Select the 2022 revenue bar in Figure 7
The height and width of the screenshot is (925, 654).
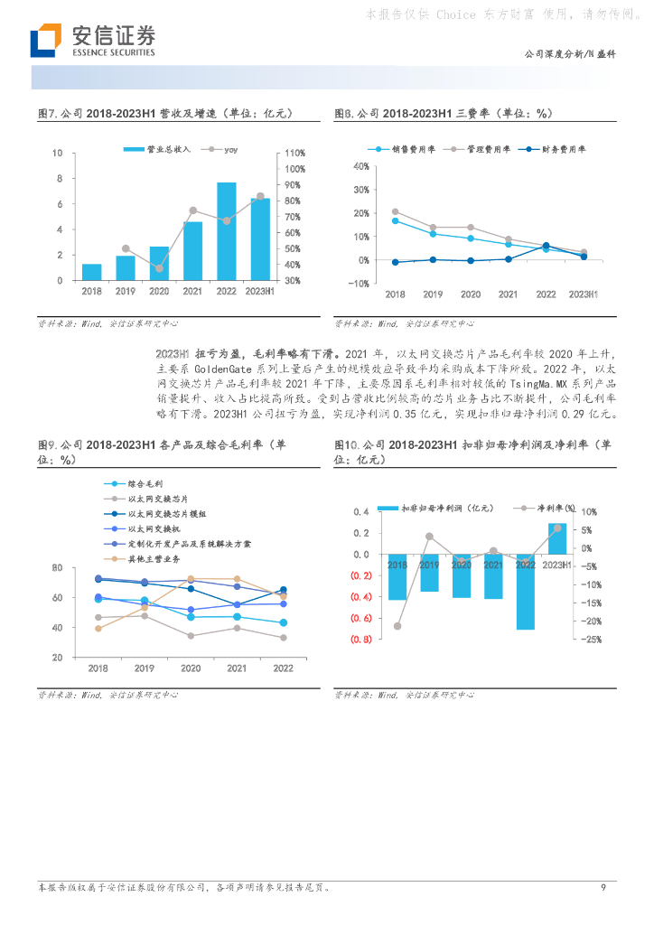click(x=226, y=231)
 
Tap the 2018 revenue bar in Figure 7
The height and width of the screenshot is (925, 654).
click(x=91, y=272)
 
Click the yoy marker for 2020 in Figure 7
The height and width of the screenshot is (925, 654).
click(x=159, y=268)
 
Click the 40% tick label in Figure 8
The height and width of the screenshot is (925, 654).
click(x=360, y=166)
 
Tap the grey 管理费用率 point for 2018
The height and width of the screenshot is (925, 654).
click(x=395, y=211)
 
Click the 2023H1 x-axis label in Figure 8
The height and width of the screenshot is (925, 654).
click(x=584, y=294)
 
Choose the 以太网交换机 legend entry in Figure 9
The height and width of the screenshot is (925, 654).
click(x=154, y=528)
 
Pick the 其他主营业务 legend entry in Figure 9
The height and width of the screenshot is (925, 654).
click(x=154, y=559)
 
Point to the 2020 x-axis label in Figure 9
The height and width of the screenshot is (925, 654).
click(x=190, y=668)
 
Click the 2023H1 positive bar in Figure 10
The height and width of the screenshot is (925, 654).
click(x=557, y=538)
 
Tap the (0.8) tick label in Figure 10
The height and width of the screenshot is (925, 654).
click(x=361, y=640)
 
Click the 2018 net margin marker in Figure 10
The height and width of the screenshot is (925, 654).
click(x=397, y=626)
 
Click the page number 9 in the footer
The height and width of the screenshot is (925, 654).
click(x=603, y=887)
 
